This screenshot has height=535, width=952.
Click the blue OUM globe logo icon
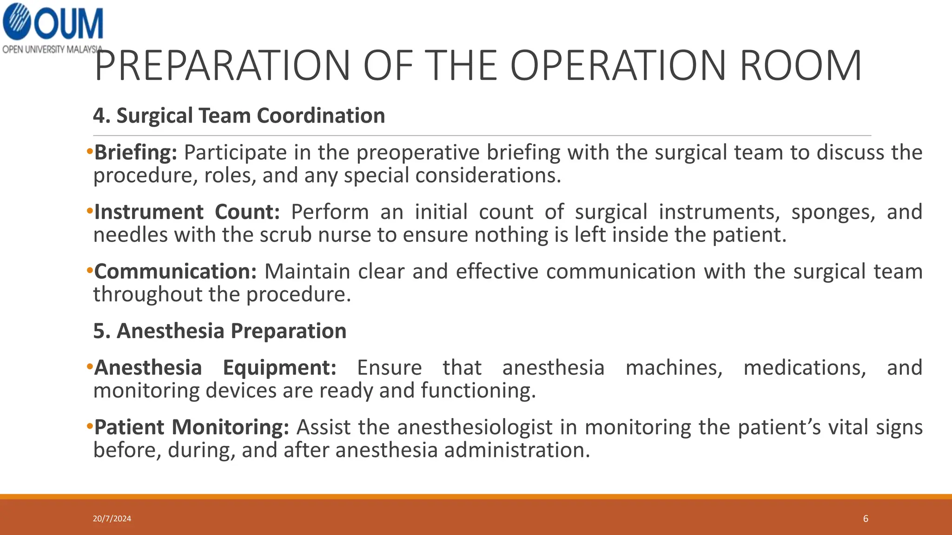pyautogui.click(x=17, y=21)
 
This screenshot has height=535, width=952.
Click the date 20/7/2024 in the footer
pyautogui.click(x=112, y=519)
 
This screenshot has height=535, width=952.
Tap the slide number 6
pyautogui.click(x=866, y=519)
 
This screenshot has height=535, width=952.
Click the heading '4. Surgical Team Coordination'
pyautogui.click(x=239, y=116)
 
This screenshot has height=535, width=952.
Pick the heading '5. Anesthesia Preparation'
pyautogui.click(x=220, y=331)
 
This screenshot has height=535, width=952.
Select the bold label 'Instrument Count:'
pyautogui.click(x=187, y=212)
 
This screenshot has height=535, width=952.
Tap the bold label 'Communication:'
pyautogui.click(x=175, y=272)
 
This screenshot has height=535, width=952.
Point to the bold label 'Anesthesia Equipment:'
pyautogui.click(x=215, y=368)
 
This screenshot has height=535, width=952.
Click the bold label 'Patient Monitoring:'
pyautogui.click(x=192, y=427)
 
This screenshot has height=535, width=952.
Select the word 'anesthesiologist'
pyautogui.click(x=475, y=427)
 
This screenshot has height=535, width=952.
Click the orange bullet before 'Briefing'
pyautogui.click(x=89, y=152)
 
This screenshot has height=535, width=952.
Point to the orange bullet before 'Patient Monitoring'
pyautogui.click(x=89, y=426)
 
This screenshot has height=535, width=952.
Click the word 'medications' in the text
pyautogui.click(x=805, y=368)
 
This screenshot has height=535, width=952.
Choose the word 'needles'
pyautogui.click(x=130, y=235)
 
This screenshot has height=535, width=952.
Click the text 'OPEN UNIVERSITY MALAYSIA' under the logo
pyautogui.click(x=52, y=49)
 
